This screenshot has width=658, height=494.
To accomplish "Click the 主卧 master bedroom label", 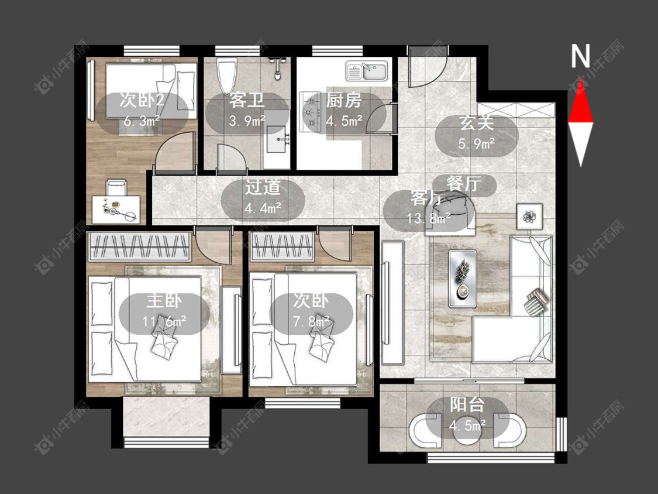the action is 164,301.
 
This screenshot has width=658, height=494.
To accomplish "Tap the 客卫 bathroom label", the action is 247,101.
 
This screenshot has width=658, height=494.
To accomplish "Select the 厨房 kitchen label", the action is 344,101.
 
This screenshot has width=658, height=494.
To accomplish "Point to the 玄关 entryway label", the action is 476,123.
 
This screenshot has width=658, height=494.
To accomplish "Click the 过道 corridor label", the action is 263,187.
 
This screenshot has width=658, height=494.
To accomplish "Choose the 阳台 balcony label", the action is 467,404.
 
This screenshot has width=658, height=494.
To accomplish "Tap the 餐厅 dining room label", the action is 464,184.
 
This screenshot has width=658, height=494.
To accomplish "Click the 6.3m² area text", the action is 142,121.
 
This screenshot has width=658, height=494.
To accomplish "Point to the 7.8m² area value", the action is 311,321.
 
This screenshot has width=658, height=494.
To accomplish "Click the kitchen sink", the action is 368,71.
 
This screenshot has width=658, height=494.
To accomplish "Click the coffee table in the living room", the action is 463,279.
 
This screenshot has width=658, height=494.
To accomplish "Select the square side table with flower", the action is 529,217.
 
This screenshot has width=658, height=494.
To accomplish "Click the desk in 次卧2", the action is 116,210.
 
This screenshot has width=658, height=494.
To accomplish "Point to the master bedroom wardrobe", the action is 140,246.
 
